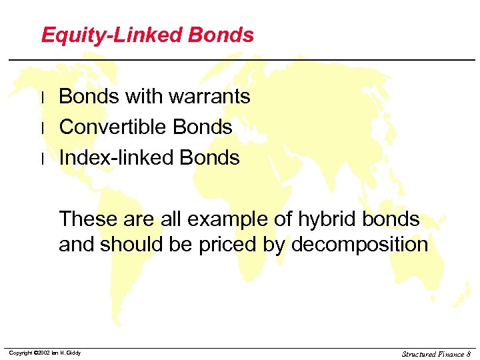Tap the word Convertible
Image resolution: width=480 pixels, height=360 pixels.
113,127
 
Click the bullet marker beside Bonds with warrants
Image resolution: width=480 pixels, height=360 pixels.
43,97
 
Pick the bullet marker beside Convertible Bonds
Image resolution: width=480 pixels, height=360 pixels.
43,128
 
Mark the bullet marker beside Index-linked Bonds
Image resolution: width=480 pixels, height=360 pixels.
43,159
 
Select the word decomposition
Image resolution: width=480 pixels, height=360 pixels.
359,245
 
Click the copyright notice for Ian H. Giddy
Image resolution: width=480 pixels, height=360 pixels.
45,353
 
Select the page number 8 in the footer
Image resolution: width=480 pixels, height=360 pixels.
468,353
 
